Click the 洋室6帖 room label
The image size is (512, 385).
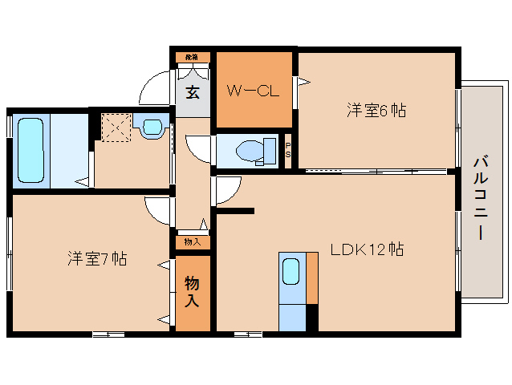coord(376,111)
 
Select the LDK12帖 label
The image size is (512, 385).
coord(367,249)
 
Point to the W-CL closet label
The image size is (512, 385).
coord(253,91)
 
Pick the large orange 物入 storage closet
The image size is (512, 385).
coord(193,292)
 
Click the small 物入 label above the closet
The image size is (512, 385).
coord(193,241)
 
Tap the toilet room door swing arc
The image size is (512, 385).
coord(197,149)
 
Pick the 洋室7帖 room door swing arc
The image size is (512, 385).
coord(158,210)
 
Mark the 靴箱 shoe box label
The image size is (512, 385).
coord(193,58)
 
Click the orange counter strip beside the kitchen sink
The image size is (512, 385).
coord(311,278)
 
